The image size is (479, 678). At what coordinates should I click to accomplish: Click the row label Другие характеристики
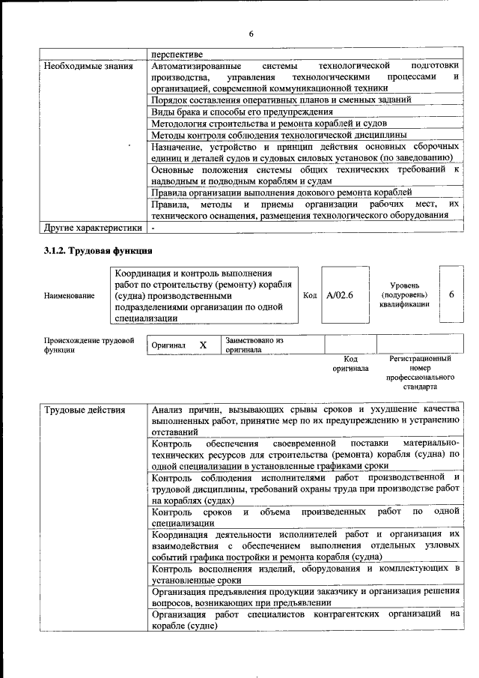pyautogui.click(x=92, y=227)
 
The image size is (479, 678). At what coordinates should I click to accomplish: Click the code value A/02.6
pyautogui.click(x=339, y=295)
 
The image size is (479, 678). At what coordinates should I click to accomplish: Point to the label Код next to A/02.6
pyautogui.click(x=310, y=295)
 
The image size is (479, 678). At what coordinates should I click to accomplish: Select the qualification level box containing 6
pyautogui.click(x=451, y=295)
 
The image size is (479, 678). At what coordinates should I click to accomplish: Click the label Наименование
pyautogui.click(x=69, y=295)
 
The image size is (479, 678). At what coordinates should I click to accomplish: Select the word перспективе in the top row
pyautogui.click(x=176, y=53)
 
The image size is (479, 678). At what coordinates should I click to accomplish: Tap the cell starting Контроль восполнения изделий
pyautogui.click(x=305, y=574)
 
